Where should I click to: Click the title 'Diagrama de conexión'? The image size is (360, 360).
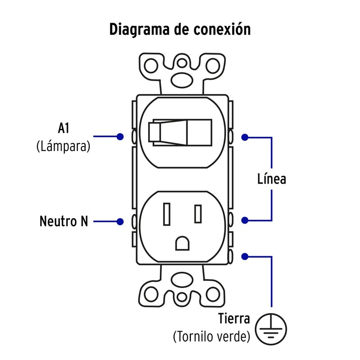click(x=180, y=29)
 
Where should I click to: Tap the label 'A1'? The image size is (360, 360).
click(x=63, y=128)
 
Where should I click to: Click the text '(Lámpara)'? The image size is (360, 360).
click(x=63, y=146)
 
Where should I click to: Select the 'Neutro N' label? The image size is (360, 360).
click(x=64, y=221)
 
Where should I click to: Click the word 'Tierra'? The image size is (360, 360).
click(x=234, y=319)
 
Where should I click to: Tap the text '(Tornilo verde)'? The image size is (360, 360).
click(x=211, y=337)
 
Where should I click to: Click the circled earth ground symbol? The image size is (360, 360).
click(x=271, y=329)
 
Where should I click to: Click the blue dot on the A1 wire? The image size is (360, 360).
click(x=120, y=137)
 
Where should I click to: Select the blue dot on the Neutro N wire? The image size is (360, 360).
click(x=120, y=221)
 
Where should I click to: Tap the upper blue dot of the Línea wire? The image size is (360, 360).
click(x=245, y=137)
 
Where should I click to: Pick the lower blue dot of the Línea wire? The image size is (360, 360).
click(x=245, y=220)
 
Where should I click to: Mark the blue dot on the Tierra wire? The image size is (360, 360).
click(x=245, y=256)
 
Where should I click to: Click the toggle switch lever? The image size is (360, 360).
click(x=168, y=132)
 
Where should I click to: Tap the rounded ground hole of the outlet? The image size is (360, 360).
click(x=182, y=243)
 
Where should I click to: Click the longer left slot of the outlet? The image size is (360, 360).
click(x=166, y=214)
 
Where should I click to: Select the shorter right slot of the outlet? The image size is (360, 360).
click(x=198, y=214)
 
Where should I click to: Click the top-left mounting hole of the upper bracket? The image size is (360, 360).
click(x=151, y=66)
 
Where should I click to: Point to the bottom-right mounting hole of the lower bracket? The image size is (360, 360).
click(x=213, y=294)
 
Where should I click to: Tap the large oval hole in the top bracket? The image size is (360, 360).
click(x=182, y=80)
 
